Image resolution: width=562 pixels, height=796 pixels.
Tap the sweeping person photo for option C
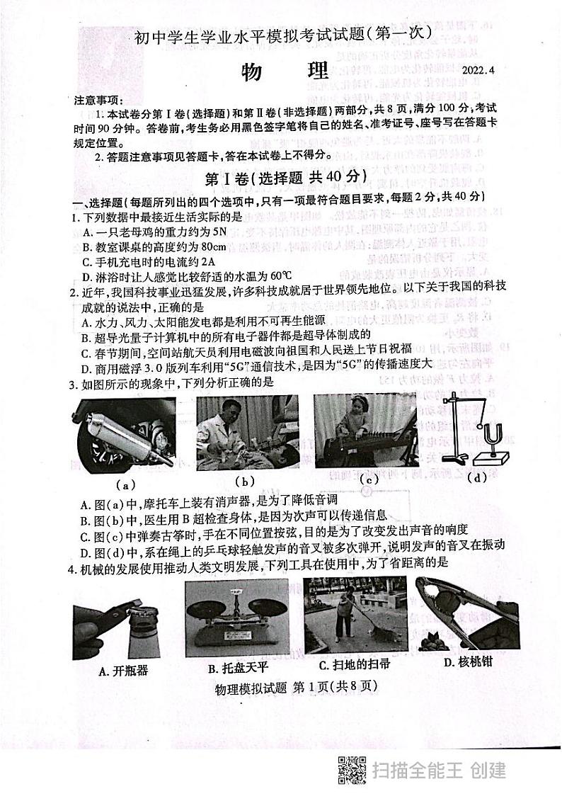pyautogui.click(x=354, y=616)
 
